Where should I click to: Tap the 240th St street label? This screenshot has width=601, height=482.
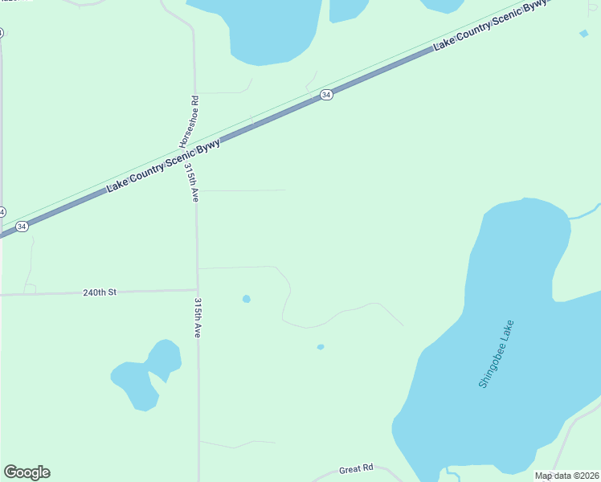coord(100,292)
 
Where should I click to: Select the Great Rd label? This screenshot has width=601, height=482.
coord(357,468)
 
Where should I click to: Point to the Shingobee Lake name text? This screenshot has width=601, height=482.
coord(496,354)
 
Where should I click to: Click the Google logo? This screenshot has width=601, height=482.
coord(27,472)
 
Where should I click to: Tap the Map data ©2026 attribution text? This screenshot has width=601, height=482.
coord(567,476)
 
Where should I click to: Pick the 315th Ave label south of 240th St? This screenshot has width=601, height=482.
coord(197,318)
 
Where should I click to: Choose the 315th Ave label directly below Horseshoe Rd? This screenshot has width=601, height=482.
coord(191,182)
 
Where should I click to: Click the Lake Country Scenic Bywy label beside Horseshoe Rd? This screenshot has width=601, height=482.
coord(163,166)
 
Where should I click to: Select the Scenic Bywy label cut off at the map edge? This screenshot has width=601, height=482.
coord(490,26)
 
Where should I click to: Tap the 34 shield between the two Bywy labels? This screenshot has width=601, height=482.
coord(325,95)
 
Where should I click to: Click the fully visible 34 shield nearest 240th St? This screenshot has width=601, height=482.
coord(22,227)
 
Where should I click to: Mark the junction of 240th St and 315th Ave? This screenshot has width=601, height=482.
coord(198,289)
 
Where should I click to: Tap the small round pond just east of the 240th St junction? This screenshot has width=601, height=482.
coord(247,299)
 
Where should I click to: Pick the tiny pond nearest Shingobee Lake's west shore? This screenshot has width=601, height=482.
coord(321,347)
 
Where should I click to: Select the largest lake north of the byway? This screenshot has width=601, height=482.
coord(269,28)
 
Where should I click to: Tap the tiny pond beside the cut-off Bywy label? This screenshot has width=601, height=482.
coord(583,34)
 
